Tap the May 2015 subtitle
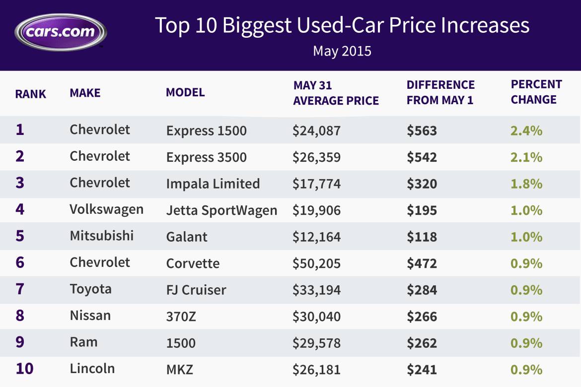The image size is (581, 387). tap(342, 51)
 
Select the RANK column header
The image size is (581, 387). tap(30, 94)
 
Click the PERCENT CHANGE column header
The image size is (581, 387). tap(536, 92)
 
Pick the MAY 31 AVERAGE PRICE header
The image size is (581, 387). tap(336, 93)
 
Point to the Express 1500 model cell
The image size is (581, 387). tap(206, 131)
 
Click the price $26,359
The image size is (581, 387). tap(316, 157)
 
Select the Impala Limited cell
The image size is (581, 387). tap(213, 184)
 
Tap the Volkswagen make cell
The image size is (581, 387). tap(106, 209)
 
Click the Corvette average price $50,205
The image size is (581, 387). tap(316, 263)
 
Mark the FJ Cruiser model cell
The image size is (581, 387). tap(196, 289)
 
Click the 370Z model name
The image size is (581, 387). tap(181, 316)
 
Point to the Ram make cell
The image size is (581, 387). tap(83, 342)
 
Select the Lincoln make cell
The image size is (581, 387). tap(92, 369)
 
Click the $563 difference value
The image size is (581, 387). tap(422, 131)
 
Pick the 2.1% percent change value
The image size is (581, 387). tap(526, 157)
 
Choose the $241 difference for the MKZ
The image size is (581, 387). tap(422, 370)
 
